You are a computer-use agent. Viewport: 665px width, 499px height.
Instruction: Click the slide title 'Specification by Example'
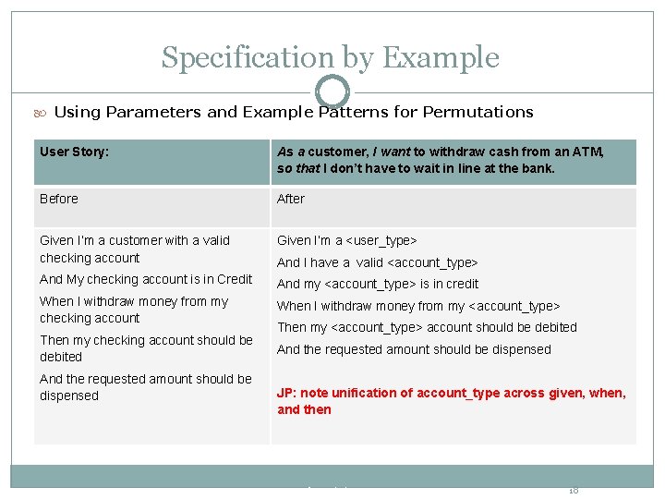point(330,57)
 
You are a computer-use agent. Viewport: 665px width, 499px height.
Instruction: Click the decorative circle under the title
point(332,91)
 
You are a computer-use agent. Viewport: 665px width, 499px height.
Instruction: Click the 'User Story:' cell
point(74,152)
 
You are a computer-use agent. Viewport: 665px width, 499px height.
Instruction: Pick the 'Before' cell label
point(59,199)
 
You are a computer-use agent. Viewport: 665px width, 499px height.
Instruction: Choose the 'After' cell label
point(291,199)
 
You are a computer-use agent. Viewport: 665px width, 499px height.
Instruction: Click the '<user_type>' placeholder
point(381,240)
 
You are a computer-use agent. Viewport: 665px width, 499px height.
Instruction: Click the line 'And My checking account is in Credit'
point(146,279)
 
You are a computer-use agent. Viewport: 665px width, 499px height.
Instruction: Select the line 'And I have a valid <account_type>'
point(378,262)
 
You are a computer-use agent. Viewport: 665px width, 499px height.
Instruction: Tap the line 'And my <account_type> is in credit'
point(378,284)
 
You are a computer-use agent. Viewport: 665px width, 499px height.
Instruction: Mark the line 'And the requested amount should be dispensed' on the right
point(414,349)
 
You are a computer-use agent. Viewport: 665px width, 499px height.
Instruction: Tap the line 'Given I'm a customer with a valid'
point(135,240)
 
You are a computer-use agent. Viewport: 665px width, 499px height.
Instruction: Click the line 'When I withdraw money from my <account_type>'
point(418,306)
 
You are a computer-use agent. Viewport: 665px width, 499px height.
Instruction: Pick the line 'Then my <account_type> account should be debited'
point(427,327)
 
